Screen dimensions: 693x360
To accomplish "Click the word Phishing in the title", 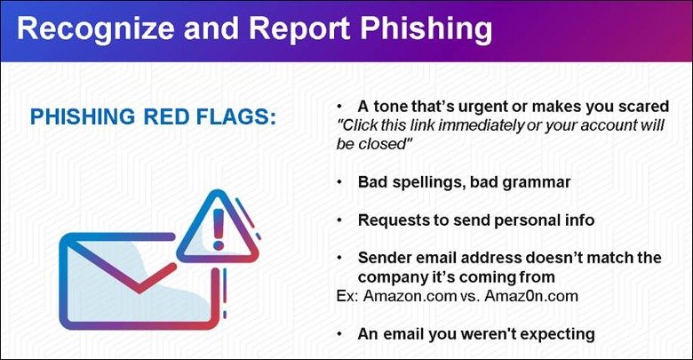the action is point(426,28).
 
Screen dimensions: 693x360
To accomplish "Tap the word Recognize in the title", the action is point(95,28).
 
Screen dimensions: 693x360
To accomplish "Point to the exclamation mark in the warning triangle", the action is point(219,228).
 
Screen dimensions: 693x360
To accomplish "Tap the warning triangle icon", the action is point(218,227).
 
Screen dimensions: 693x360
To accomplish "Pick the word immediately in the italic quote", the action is point(481,125).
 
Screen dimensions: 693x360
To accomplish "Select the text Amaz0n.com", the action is point(530,295).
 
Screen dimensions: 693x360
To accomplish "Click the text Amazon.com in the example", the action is point(410,295).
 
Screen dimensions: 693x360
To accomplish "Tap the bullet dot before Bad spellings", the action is point(339,182).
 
